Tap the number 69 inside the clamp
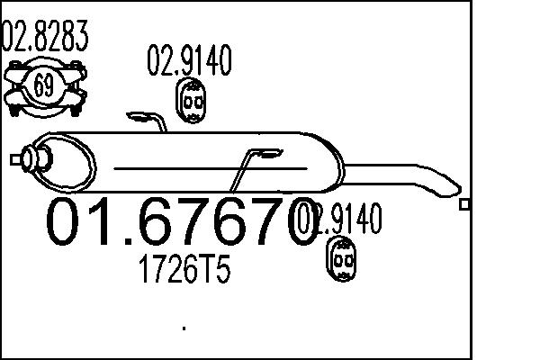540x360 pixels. [43, 86]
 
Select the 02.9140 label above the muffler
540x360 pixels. [189, 60]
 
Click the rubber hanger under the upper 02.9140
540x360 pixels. [190, 103]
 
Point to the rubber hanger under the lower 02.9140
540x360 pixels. [342, 260]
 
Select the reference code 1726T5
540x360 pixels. [181, 271]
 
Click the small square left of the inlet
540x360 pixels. [14, 159]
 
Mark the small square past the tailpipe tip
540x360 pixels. [464, 205]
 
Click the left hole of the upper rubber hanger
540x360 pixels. [184, 103]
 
